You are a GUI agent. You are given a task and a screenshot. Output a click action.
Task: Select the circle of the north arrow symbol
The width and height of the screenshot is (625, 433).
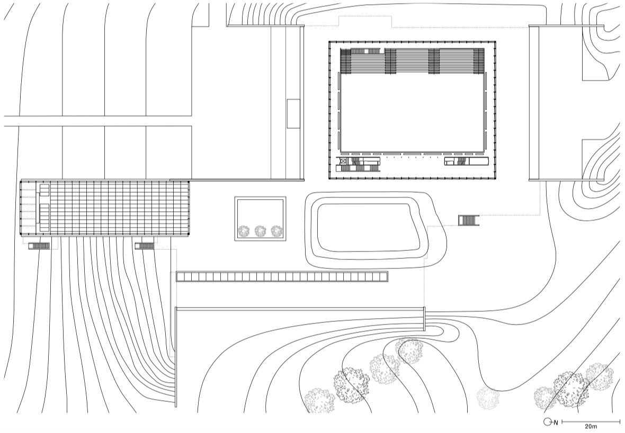pyautogui.click(x=547, y=421)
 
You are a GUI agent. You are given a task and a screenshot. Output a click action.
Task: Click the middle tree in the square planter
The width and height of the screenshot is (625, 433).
pyautogui.click(x=260, y=231)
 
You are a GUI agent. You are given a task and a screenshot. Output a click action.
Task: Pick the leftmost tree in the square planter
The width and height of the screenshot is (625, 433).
pyautogui.click(x=244, y=231)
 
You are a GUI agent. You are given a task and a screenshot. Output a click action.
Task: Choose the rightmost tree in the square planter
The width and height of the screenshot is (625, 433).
pyautogui.click(x=276, y=231)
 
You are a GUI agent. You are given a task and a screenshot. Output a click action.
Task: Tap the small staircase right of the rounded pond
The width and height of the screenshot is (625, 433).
pyautogui.click(x=468, y=220)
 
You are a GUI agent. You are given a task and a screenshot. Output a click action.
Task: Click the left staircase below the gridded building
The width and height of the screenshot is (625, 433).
pyautogui.click(x=39, y=246)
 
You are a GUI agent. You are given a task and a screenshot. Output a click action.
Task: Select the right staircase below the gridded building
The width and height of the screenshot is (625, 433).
pyautogui.click(x=144, y=246)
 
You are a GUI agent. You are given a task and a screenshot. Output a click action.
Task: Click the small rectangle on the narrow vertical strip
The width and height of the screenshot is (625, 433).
pyautogui.click(x=293, y=113)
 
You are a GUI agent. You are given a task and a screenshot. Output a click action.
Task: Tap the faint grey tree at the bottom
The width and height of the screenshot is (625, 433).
pyautogui.click(x=488, y=397)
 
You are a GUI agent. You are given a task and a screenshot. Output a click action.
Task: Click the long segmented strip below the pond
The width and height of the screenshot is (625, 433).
pyautogui.click(x=282, y=277)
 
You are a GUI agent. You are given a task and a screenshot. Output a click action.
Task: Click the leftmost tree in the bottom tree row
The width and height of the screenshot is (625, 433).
pyautogui.click(x=320, y=401)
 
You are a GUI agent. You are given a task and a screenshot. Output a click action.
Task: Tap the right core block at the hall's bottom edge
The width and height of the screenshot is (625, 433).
pyautogui.click(x=467, y=161)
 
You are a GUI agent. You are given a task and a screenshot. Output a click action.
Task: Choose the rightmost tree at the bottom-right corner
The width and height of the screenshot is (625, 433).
pyautogui.click(x=599, y=377)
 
